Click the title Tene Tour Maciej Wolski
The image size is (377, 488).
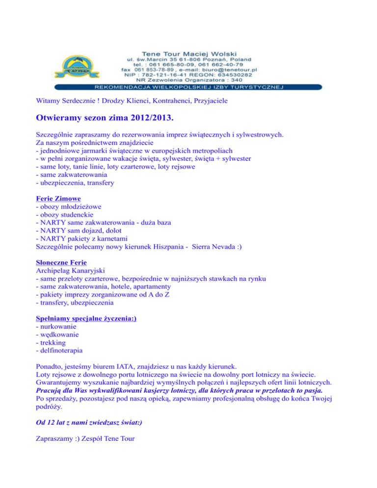pos(196,52)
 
